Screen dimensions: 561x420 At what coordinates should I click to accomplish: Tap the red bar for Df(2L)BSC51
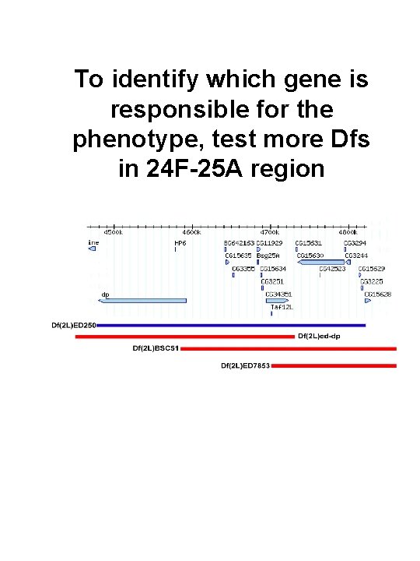click(x=288, y=348)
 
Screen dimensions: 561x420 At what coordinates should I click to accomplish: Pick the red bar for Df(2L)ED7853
click(x=334, y=365)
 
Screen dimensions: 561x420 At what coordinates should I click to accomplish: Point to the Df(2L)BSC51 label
click(x=156, y=348)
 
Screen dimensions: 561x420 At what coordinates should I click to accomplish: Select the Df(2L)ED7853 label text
click(x=246, y=365)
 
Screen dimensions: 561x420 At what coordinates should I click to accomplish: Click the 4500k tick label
click(x=114, y=231)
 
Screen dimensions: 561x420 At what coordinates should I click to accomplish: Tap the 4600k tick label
click(x=191, y=231)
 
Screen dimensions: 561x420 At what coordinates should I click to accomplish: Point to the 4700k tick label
click(x=270, y=231)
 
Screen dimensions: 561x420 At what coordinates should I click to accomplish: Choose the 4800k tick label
click(x=348, y=231)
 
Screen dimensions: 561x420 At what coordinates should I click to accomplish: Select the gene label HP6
click(x=179, y=242)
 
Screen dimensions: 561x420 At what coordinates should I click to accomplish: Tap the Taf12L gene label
click(x=281, y=307)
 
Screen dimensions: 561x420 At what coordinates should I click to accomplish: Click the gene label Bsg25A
click(x=268, y=256)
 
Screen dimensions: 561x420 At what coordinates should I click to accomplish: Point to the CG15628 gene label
click(x=378, y=294)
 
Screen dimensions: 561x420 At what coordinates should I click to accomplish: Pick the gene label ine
click(x=93, y=242)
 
